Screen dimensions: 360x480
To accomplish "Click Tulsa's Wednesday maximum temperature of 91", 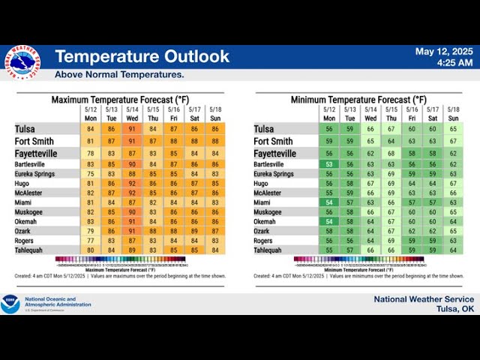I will [x=132, y=129].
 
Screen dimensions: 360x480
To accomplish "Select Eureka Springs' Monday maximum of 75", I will [x=91, y=174].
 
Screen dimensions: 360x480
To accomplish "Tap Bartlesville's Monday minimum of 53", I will [x=330, y=164].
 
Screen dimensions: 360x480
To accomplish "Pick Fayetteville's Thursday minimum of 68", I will [x=391, y=153].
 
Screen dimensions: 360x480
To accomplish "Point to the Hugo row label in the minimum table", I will [x=261, y=184].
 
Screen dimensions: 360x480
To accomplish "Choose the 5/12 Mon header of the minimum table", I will [x=330, y=114].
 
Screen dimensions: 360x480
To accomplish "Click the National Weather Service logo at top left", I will [x=21, y=62].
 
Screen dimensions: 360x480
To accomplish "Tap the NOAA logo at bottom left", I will [x=10, y=304].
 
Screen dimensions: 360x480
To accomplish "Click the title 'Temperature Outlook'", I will [x=142, y=57].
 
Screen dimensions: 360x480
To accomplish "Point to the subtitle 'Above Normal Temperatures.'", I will [x=119, y=75].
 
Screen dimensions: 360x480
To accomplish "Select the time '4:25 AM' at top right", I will [x=455, y=63].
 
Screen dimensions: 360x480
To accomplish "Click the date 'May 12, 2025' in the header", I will [x=445, y=52].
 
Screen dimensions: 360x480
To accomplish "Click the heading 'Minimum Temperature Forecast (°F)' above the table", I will [x=358, y=100].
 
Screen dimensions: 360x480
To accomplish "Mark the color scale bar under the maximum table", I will [x=120, y=259].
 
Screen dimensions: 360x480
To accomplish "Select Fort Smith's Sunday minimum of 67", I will [x=453, y=141].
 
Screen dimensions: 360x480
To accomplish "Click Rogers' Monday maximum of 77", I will [x=91, y=241].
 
